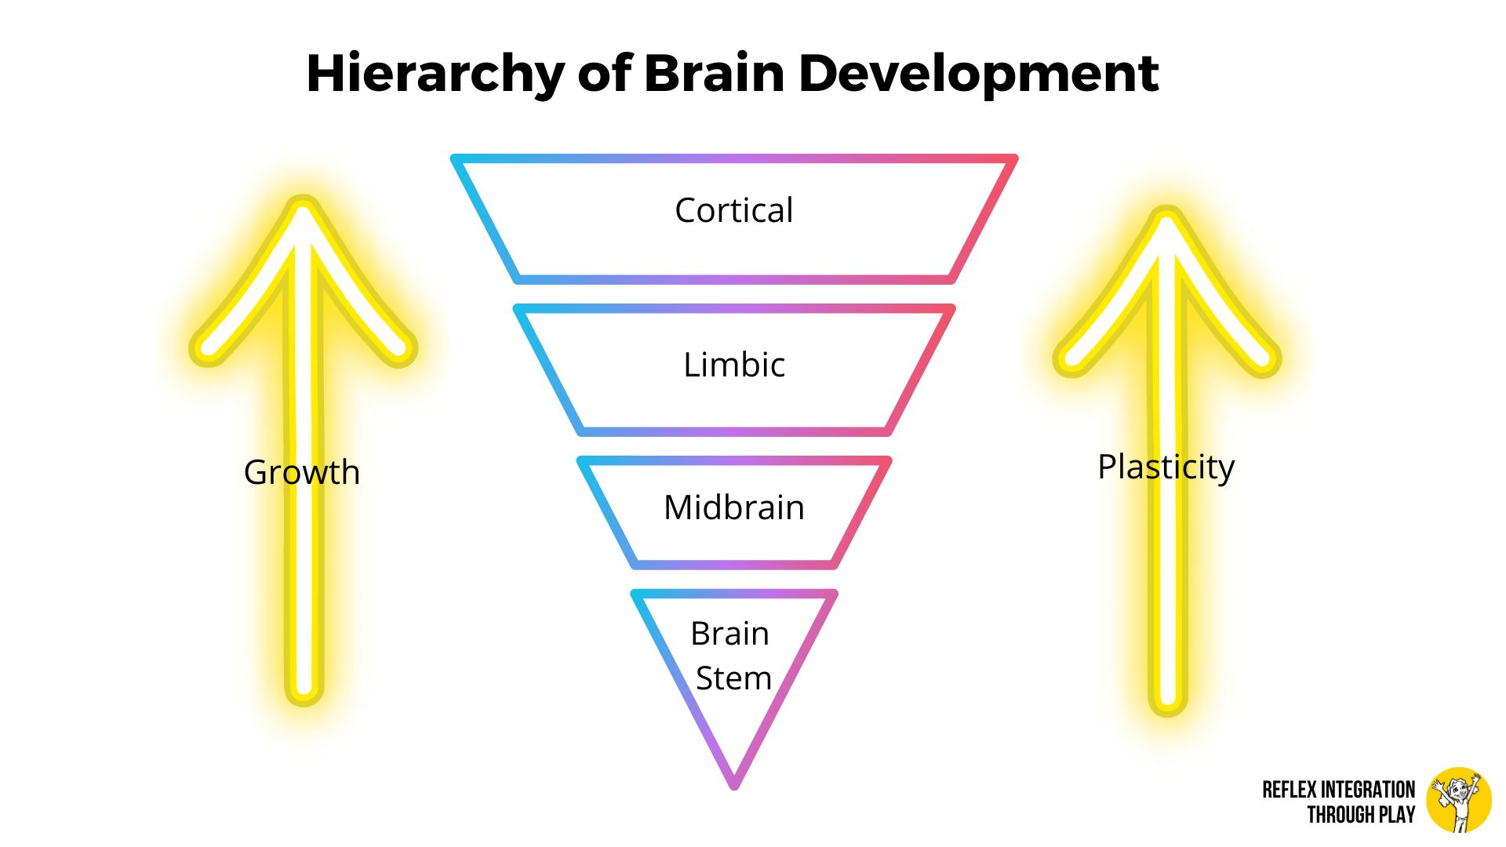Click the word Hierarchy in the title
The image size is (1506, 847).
tap(435, 75)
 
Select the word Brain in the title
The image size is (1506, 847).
tap(714, 75)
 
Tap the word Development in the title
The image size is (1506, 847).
tap(978, 75)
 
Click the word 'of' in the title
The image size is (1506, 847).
tap(604, 75)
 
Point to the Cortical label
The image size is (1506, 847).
tap(734, 210)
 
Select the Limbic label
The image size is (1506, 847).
tap(734, 365)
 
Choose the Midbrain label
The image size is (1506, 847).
tap(734, 507)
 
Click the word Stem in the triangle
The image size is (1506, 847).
tap(734, 678)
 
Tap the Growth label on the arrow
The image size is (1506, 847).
tap(302, 472)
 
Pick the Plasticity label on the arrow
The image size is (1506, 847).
tap(1166, 467)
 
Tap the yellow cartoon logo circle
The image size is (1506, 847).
tap(1459, 800)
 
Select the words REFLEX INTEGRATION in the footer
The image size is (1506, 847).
tap(1338, 790)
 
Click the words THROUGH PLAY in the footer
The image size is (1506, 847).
tap(1361, 815)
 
